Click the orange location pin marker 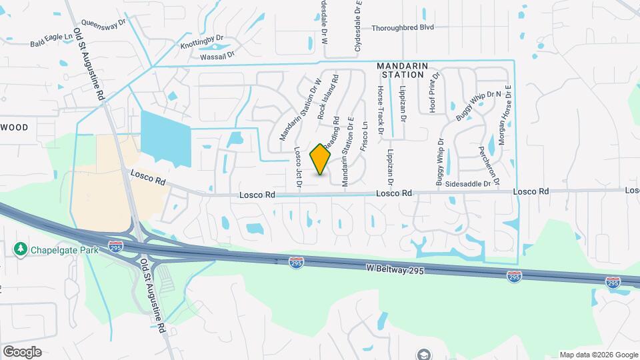tap(321, 159)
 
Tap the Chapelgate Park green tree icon tap(20, 249)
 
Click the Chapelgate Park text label tap(63, 250)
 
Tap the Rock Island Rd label tap(328, 97)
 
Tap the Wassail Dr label tap(218, 57)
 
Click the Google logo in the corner tap(22, 351)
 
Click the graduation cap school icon tap(423, 354)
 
